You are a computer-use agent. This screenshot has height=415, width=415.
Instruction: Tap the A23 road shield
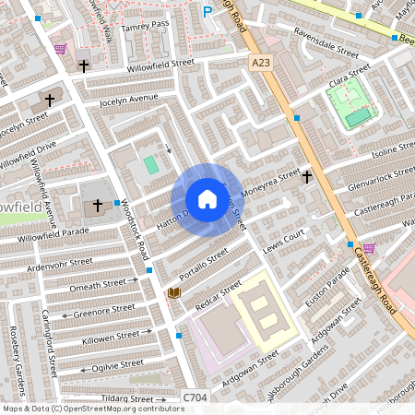coord(264,61)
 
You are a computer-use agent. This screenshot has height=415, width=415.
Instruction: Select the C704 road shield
coord(195,397)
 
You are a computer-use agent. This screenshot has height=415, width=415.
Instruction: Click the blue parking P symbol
coord(207,12)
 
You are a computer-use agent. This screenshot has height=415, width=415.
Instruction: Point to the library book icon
coord(172,293)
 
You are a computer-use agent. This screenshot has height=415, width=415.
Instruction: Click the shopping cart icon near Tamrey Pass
coord(61,48)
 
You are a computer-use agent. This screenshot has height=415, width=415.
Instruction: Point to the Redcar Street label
coord(218,293)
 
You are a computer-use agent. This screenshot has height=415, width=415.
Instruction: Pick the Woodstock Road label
coord(135,227)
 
